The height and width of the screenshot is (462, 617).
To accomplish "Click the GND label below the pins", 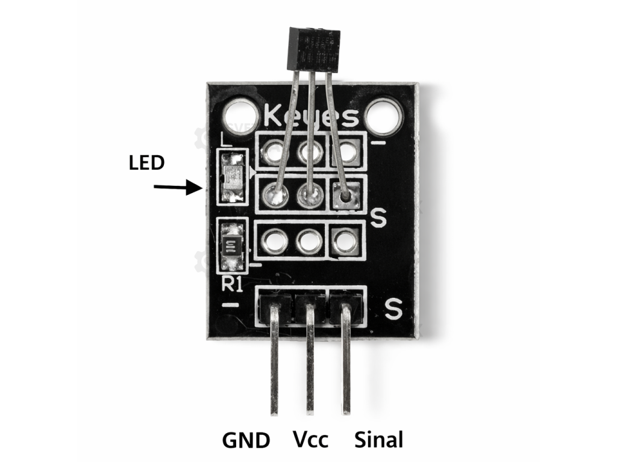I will point(246,440).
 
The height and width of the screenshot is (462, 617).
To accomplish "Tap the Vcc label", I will point(311,439).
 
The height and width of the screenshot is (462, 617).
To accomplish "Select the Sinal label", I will point(378,439).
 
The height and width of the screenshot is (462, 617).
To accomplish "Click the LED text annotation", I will point(146,163).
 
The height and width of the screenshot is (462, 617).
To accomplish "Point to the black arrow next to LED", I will point(177,188).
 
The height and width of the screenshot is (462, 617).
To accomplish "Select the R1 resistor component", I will point(232,245).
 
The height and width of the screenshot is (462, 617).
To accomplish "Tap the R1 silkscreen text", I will point(232,285).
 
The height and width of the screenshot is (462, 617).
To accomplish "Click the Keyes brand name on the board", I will point(312,117).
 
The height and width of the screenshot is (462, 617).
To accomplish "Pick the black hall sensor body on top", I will point(312,49).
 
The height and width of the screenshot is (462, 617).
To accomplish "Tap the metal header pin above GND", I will point(274,361).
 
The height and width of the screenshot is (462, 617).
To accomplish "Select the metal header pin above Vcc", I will point(310,361).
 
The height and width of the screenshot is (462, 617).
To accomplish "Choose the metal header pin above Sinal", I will point(346,361).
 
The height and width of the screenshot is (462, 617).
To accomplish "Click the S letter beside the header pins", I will point(393,310).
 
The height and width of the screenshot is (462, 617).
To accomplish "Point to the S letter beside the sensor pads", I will point(378,218).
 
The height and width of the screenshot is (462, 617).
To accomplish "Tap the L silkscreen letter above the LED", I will point(225,141).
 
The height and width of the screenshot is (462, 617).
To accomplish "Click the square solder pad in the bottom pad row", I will point(345,241).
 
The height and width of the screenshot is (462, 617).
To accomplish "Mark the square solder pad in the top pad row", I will point(346,152).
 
